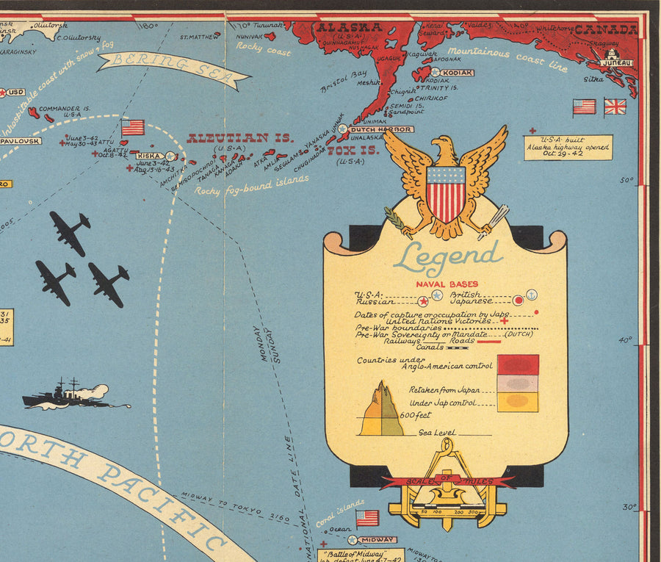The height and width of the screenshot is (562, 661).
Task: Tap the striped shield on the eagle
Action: click(x=446, y=194)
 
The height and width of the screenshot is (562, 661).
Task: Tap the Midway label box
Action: click(x=378, y=539)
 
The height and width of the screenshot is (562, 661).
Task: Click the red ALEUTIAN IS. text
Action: click(x=239, y=138)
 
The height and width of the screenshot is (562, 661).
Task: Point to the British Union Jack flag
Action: click(x=615, y=107)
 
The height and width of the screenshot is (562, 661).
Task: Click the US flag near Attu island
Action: click(x=133, y=128)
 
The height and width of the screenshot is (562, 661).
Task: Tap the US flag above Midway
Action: click(x=367, y=518)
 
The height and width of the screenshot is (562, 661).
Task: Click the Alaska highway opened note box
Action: click(x=568, y=146)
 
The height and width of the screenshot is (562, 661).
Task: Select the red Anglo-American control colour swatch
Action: click(x=518, y=364)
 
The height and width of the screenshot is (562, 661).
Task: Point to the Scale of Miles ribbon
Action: click(x=447, y=481)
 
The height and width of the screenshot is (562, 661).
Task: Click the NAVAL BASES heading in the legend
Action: click(x=447, y=284)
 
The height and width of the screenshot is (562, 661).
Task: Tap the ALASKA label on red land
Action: click(x=349, y=28)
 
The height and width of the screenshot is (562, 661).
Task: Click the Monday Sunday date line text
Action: click(x=267, y=344)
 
